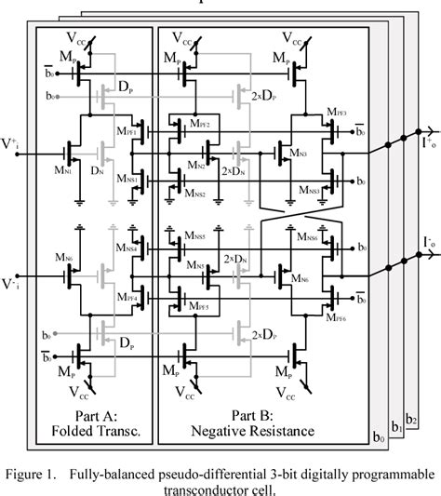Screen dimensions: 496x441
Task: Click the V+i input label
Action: pyautogui.click(x=13, y=143)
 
